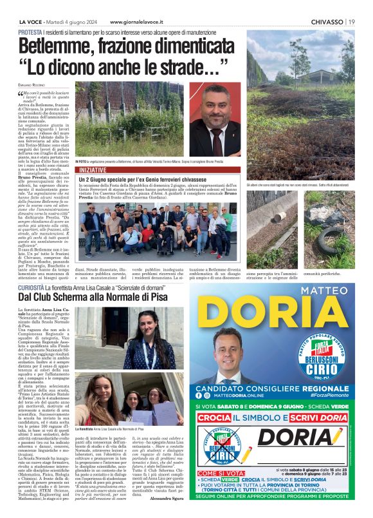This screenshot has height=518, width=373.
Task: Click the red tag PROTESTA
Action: [x=31, y=32]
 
